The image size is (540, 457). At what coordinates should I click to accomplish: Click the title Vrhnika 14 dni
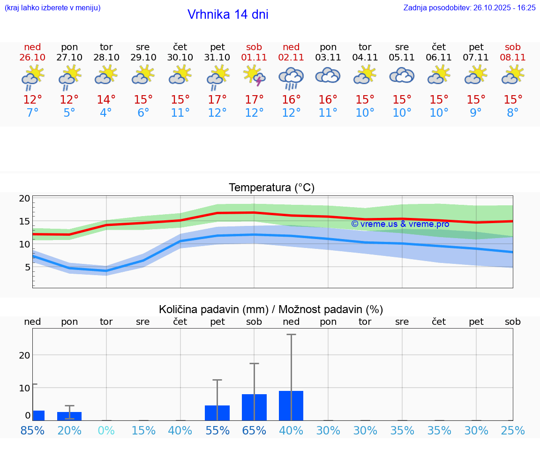(x=228, y=15)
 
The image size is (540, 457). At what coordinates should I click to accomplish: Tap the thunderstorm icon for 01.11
(x=254, y=76)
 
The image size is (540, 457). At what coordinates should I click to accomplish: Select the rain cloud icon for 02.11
(x=291, y=78)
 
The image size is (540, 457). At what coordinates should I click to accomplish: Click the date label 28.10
(x=106, y=58)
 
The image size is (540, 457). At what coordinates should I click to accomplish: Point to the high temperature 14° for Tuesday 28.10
(x=106, y=100)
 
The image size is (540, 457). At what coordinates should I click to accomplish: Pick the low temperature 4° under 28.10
(x=106, y=113)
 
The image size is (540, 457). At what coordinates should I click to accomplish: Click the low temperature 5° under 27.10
(x=69, y=113)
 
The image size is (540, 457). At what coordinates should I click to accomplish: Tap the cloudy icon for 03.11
(x=328, y=76)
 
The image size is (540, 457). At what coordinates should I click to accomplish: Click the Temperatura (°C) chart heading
(x=271, y=188)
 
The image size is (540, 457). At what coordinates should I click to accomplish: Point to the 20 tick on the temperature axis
(x=25, y=198)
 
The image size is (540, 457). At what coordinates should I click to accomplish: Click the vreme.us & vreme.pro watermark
(x=400, y=224)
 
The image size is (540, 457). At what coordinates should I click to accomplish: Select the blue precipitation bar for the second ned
(x=291, y=405)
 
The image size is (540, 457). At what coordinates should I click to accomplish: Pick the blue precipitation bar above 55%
(x=217, y=412)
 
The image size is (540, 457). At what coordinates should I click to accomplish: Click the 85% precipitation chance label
(x=32, y=431)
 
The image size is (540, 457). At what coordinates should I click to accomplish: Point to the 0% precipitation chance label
(x=106, y=431)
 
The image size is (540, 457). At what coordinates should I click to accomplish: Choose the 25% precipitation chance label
(x=513, y=431)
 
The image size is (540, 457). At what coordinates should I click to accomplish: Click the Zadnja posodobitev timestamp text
(x=469, y=7)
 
